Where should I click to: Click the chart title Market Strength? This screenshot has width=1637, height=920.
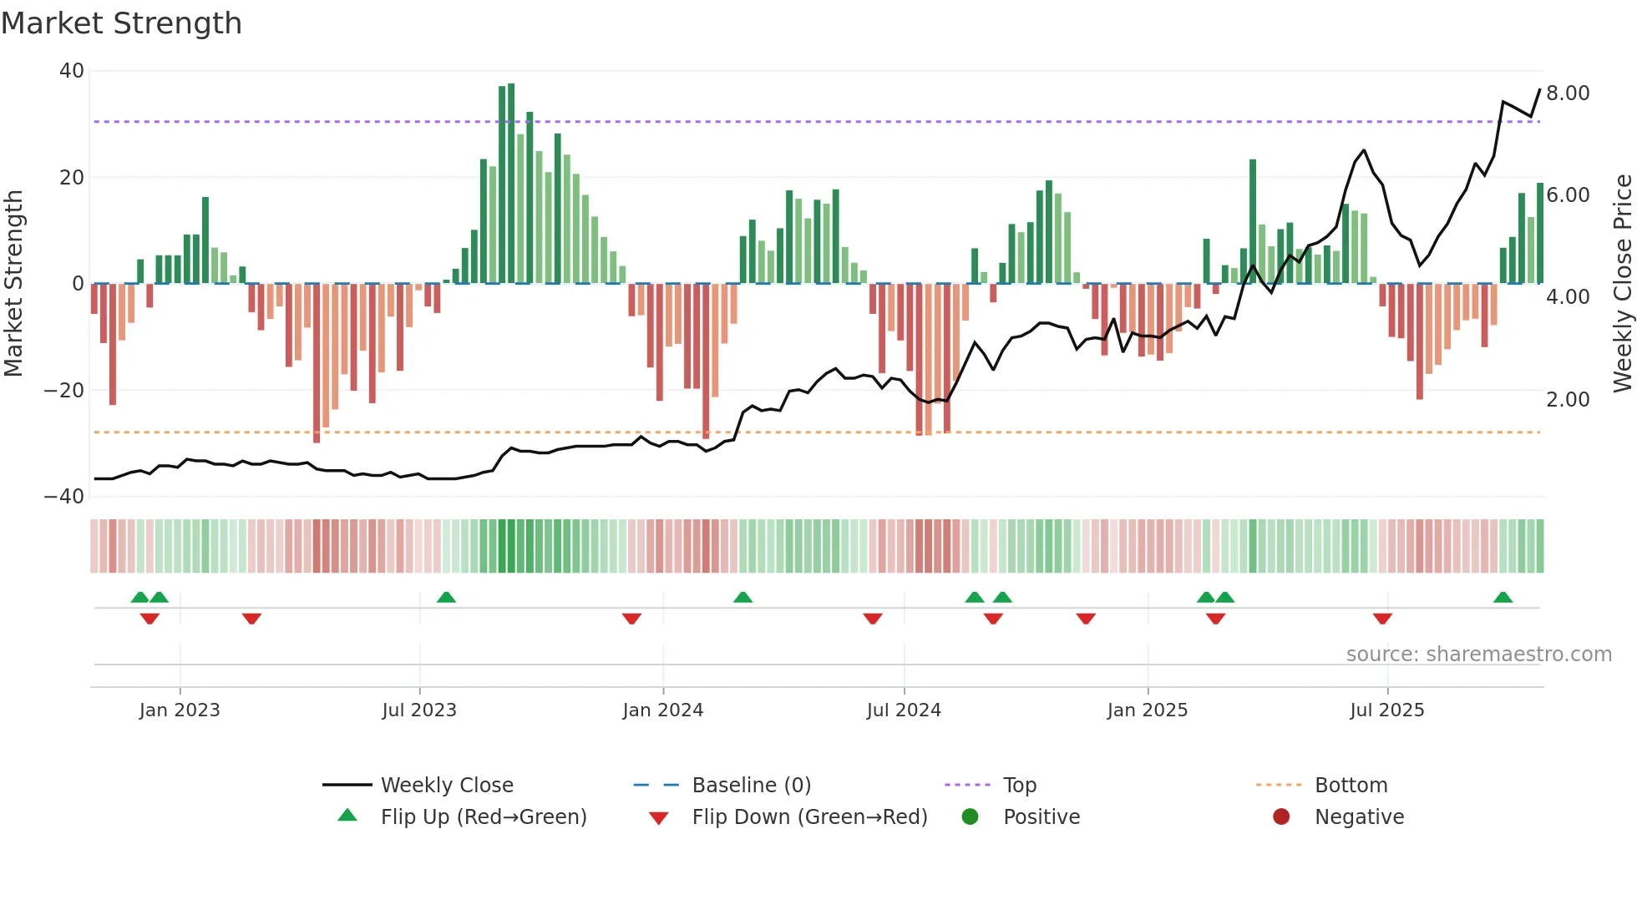[x=121, y=23]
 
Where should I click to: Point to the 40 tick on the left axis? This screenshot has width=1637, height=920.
[x=72, y=71]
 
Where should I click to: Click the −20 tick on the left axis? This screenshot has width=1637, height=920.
[x=64, y=391]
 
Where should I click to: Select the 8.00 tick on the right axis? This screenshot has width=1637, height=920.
[x=1568, y=94]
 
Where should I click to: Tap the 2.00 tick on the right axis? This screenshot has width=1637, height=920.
[x=1568, y=400]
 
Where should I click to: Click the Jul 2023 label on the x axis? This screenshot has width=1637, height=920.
[x=419, y=710]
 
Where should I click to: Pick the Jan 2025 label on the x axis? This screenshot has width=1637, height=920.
[x=1147, y=710]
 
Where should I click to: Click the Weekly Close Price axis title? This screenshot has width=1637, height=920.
[x=1622, y=283]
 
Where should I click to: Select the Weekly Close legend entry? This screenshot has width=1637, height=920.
[x=447, y=786]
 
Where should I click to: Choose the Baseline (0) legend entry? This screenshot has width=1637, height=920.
[x=751, y=786]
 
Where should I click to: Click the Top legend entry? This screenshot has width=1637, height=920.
[x=1019, y=786]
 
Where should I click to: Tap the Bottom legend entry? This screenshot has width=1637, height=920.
[x=1351, y=786]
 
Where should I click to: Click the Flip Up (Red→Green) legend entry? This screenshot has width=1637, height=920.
[x=483, y=817]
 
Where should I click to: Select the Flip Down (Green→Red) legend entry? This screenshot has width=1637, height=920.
[x=809, y=817]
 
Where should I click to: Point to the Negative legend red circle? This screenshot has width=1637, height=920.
[x=1281, y=817]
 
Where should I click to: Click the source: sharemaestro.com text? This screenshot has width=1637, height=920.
[x=1478, y=655]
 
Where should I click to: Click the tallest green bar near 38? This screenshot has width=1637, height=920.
[x=511, y=184]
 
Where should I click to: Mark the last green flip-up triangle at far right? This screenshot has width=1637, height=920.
[x=1503, y=598]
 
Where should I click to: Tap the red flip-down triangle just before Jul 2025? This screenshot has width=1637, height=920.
[x=1382, y=619]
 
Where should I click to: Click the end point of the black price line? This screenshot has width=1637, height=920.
[x=1540, y=89]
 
